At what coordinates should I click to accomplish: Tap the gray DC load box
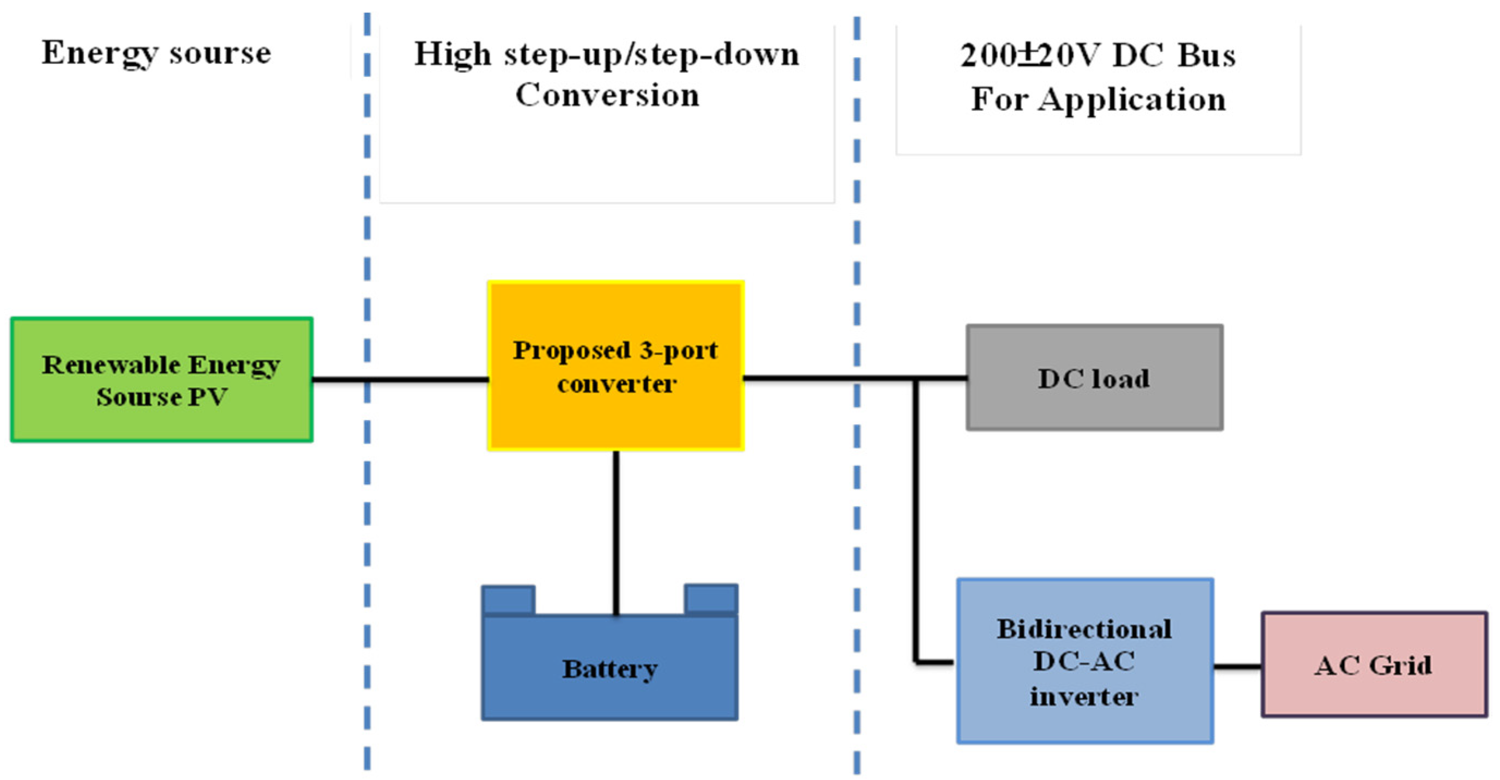[1094, 408]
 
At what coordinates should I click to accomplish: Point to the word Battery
[609, 669]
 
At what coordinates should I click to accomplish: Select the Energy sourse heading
[156, 53]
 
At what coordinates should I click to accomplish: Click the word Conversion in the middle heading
[607, 95]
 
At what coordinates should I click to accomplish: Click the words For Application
[1098, 99]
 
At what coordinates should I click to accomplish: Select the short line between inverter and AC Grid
[1237, 666]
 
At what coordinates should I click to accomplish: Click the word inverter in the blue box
[1084, 697]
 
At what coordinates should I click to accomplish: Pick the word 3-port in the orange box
[679, 351]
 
